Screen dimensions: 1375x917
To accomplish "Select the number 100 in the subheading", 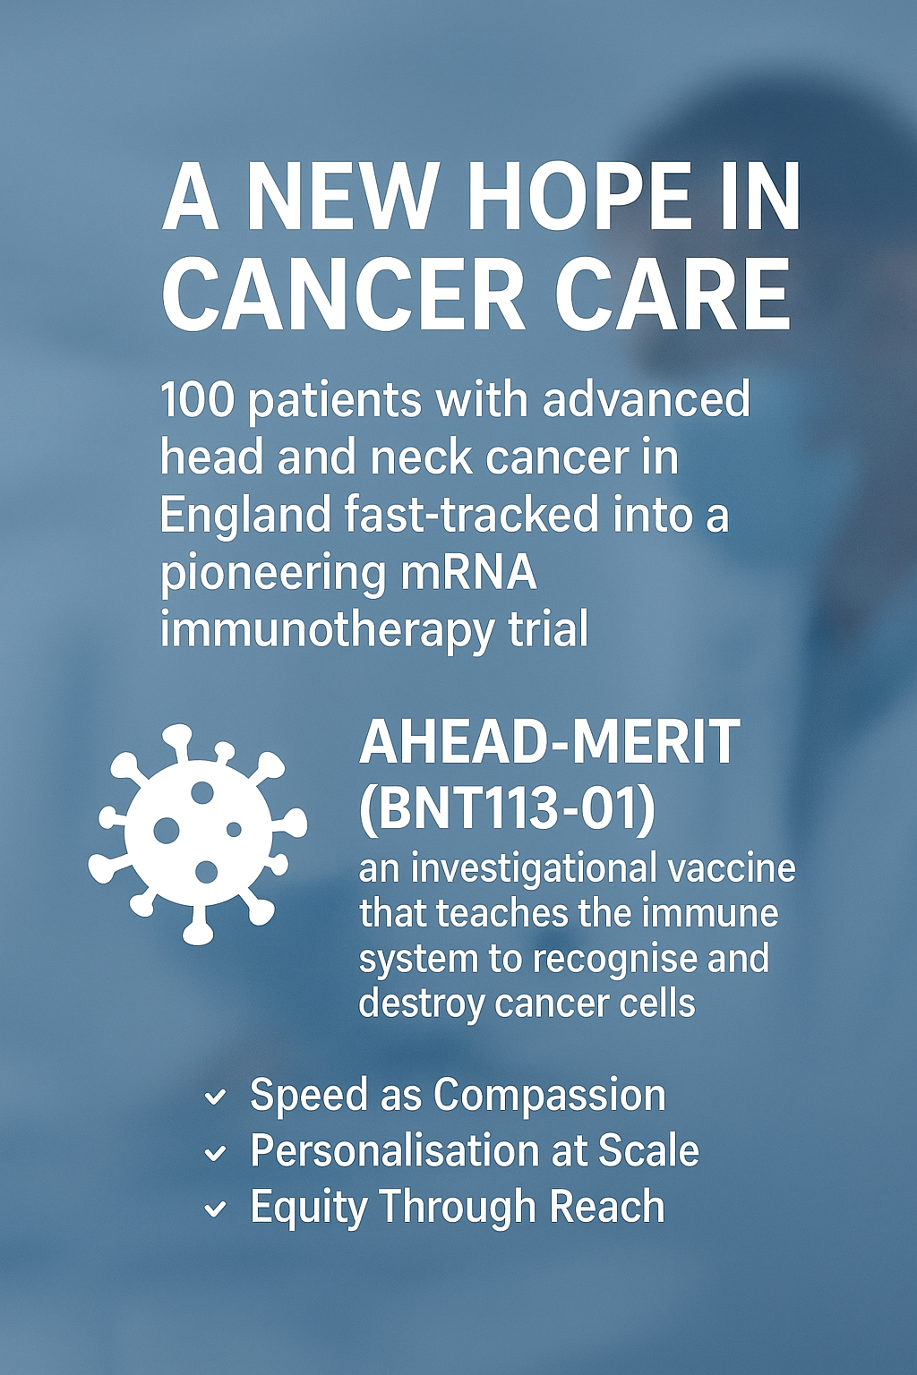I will tap(197, 400).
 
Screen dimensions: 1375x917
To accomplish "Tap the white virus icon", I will tap(197, 833).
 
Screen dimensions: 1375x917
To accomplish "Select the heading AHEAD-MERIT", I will tap(549, 742).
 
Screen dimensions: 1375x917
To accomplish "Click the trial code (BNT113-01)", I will tap(507, 807).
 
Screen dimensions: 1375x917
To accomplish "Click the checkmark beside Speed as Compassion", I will tap(215, 1097).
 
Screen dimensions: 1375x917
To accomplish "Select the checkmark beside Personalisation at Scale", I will tap(215, 1154).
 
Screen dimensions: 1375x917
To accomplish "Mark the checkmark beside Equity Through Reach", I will tap(215, 1210).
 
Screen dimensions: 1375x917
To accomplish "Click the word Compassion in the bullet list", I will tap(550, 1096).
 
